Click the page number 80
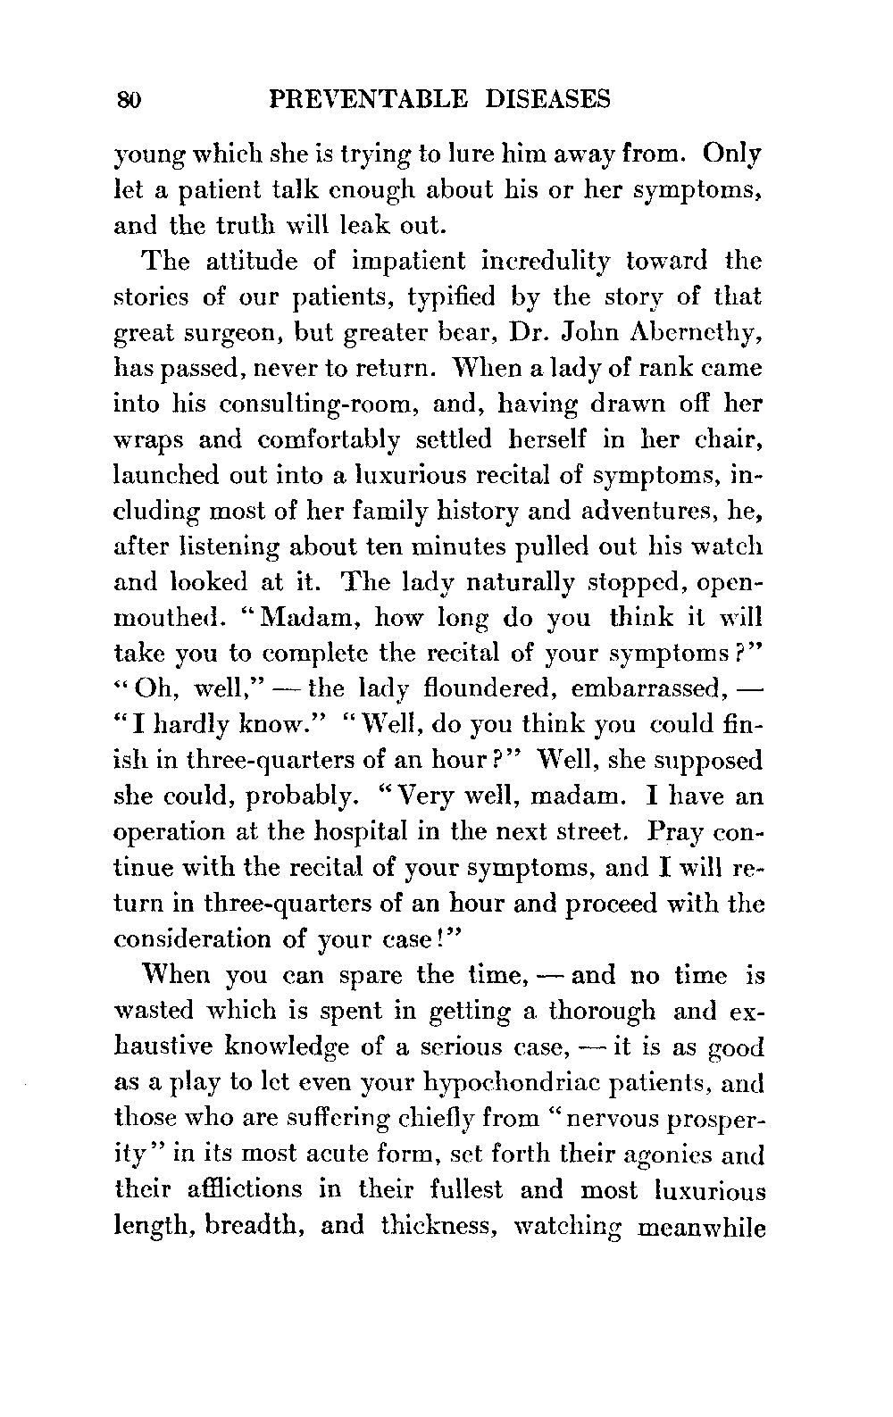pyautogui.click(x=129, y=99)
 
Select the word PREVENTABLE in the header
pyautogui.click(x=367, y=99)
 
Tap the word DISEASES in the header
pyautogui.click(x=544, y=99)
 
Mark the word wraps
pyautogui.click(x=147, y=440)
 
